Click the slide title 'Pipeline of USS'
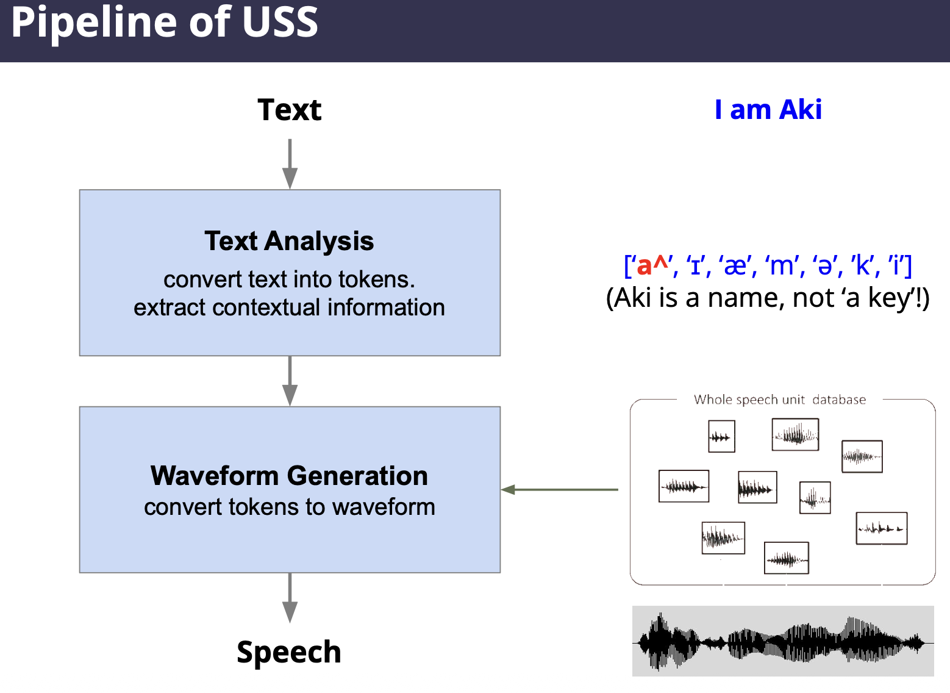coord(165,23)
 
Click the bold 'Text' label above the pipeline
coord(289,110)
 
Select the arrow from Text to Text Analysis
coord(290,163)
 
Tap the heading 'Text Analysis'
coord(289,241)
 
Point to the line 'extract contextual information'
coord(289,307)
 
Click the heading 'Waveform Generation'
coord(289,476)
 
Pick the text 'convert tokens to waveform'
coord(289,507)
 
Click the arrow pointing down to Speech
coord(290,597)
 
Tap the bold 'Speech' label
coord(289,652)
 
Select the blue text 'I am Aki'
coord(768,110)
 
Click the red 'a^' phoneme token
coord(652,266)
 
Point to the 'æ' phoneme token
coord(736,267)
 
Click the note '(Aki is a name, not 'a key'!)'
coord(768,298)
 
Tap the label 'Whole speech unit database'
coord(779,400)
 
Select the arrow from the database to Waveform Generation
coord(560,489)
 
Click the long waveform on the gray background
coord(783,641)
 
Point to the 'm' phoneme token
coord(782,267)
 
